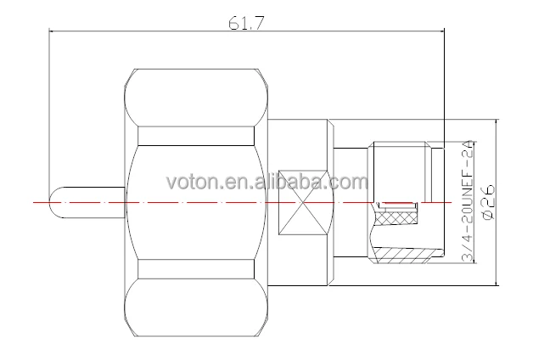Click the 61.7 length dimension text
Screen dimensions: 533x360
(x=246, y=23)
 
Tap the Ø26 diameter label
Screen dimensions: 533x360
(x=489, y=203)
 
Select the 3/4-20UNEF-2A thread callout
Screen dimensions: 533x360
(x=468, y=200)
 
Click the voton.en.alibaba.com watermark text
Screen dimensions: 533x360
(x=267, y=182)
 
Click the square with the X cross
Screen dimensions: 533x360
(x=303, y=203)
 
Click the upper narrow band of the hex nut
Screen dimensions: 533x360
(x=196, y=136)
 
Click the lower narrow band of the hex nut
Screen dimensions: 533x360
(x=196, y=269)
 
